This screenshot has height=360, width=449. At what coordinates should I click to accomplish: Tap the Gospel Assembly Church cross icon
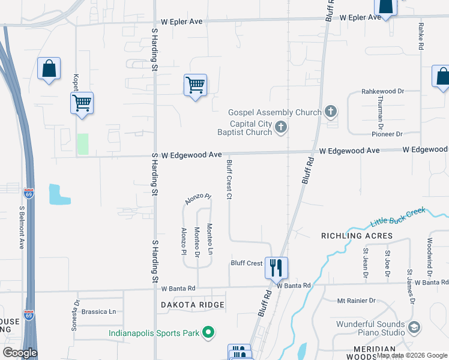330,111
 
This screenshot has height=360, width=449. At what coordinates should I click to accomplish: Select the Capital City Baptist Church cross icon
281,127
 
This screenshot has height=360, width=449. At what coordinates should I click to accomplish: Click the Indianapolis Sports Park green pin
208,332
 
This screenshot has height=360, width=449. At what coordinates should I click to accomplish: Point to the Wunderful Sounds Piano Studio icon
414,328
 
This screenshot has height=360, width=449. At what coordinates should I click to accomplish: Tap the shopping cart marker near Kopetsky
82,103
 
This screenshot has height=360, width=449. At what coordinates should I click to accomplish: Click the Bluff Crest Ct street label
229,179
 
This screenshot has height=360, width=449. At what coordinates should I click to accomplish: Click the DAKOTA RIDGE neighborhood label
193,305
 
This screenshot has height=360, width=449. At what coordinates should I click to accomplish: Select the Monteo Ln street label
209,238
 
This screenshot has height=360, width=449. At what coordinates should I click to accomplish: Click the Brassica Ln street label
98,311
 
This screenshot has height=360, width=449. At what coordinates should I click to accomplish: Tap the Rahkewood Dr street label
382,91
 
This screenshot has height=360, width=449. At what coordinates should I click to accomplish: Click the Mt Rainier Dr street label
356,300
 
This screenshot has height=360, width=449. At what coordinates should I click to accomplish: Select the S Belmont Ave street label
22,227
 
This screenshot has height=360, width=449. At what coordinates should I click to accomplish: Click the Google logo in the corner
20,353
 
